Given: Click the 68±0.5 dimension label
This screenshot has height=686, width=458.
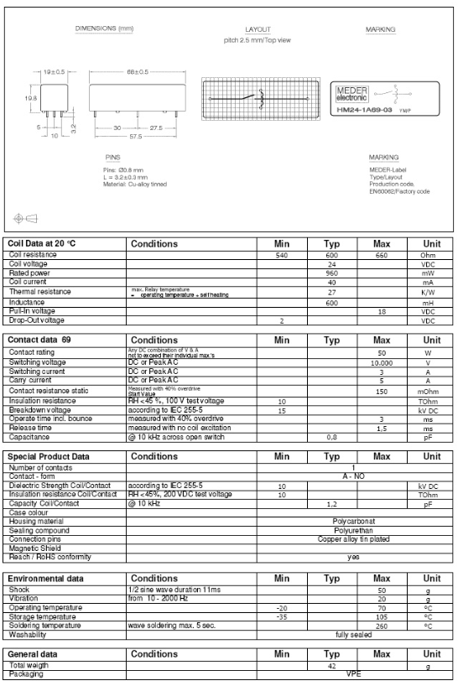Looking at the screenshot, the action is (x=138, y=72).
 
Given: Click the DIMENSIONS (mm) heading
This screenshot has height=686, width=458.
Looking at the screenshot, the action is (x=105, y=29).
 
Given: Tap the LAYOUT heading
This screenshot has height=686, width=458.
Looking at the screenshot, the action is (x=258, y=29).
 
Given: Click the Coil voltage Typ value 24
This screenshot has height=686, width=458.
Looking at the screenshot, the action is (x=331, y=262).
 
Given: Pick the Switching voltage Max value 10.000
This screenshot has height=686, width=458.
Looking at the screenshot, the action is (x=381, y=362).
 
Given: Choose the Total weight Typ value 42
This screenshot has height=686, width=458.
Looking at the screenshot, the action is (x=331, y=666).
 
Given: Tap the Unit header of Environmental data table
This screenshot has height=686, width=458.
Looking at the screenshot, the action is (x=432, y=579).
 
